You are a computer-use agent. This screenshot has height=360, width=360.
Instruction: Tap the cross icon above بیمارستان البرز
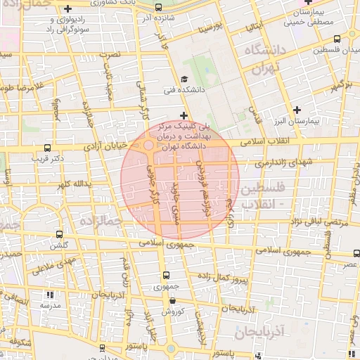pos(297,110)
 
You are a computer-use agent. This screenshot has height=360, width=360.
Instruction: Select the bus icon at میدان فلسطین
pos(337,39)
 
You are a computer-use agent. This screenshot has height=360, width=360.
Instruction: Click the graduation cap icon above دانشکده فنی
pos(184,79)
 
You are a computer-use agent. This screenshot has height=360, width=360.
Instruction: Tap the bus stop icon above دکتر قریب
pos(47,148)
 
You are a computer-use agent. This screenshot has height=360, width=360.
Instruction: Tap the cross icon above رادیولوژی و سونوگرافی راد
pos(67,9)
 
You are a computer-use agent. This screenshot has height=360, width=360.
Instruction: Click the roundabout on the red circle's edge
pos(150,146)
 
